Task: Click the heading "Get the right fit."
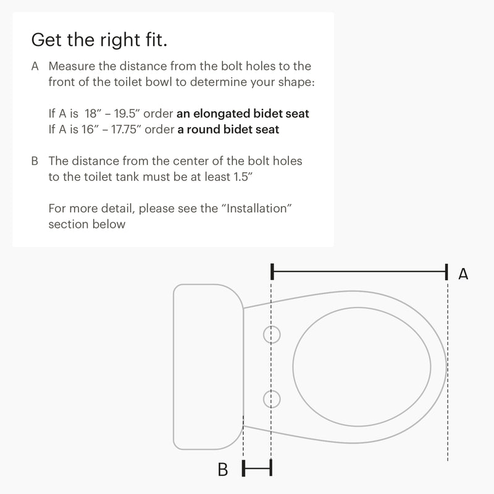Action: tap(99, 40)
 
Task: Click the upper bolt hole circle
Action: tap(272, 335)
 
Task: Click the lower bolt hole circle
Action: tap(272, 399)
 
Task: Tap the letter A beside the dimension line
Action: tap(463, 274)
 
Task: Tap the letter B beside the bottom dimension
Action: tap(223, 469)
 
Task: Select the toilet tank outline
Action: tap(209, 367)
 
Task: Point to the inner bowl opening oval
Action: tap(362, 367)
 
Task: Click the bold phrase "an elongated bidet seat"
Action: tap(243, 114)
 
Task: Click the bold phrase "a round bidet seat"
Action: tap(228, 130)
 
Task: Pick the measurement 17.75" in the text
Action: tap(126, 130)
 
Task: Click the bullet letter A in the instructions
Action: tap(35, 66)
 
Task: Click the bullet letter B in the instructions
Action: tap(35, 161)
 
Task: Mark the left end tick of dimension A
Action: tap(272, 272)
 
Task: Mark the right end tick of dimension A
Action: tap(446, 272)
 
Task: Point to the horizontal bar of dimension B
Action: tap(257, 468)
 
